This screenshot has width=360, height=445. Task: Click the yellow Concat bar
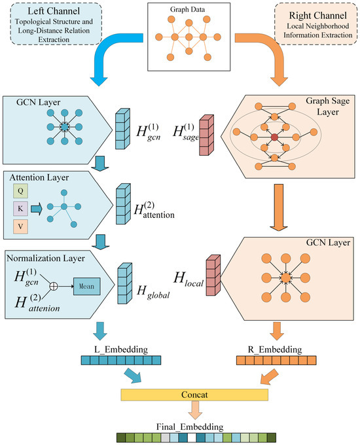pos(194,395)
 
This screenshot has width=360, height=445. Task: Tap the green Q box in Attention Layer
pos(20,190)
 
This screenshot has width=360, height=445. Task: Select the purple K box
pos(20,209)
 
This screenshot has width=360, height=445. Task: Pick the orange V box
pos(20,226)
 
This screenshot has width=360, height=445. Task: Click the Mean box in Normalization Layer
pos(86,286)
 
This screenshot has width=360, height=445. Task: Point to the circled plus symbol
pos(54,286)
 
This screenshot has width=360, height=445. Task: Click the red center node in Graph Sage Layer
pos(274,137)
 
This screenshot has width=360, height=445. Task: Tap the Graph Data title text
pos(187,9)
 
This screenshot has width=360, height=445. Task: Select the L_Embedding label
pos(121,349)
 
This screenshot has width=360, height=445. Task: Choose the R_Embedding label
pos(275,349)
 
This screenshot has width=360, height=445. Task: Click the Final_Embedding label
pos(190,427)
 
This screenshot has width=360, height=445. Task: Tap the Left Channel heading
pos(54,11)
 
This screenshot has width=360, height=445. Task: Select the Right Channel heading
pos(317,15)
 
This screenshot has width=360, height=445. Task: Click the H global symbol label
pos(153,292)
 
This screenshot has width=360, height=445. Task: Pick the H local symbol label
pos(189,279)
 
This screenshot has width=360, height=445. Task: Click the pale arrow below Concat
pos(195,410)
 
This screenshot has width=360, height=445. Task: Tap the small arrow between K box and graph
pos(37,209)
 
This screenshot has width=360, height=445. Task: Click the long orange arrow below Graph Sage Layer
pos(279,207)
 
